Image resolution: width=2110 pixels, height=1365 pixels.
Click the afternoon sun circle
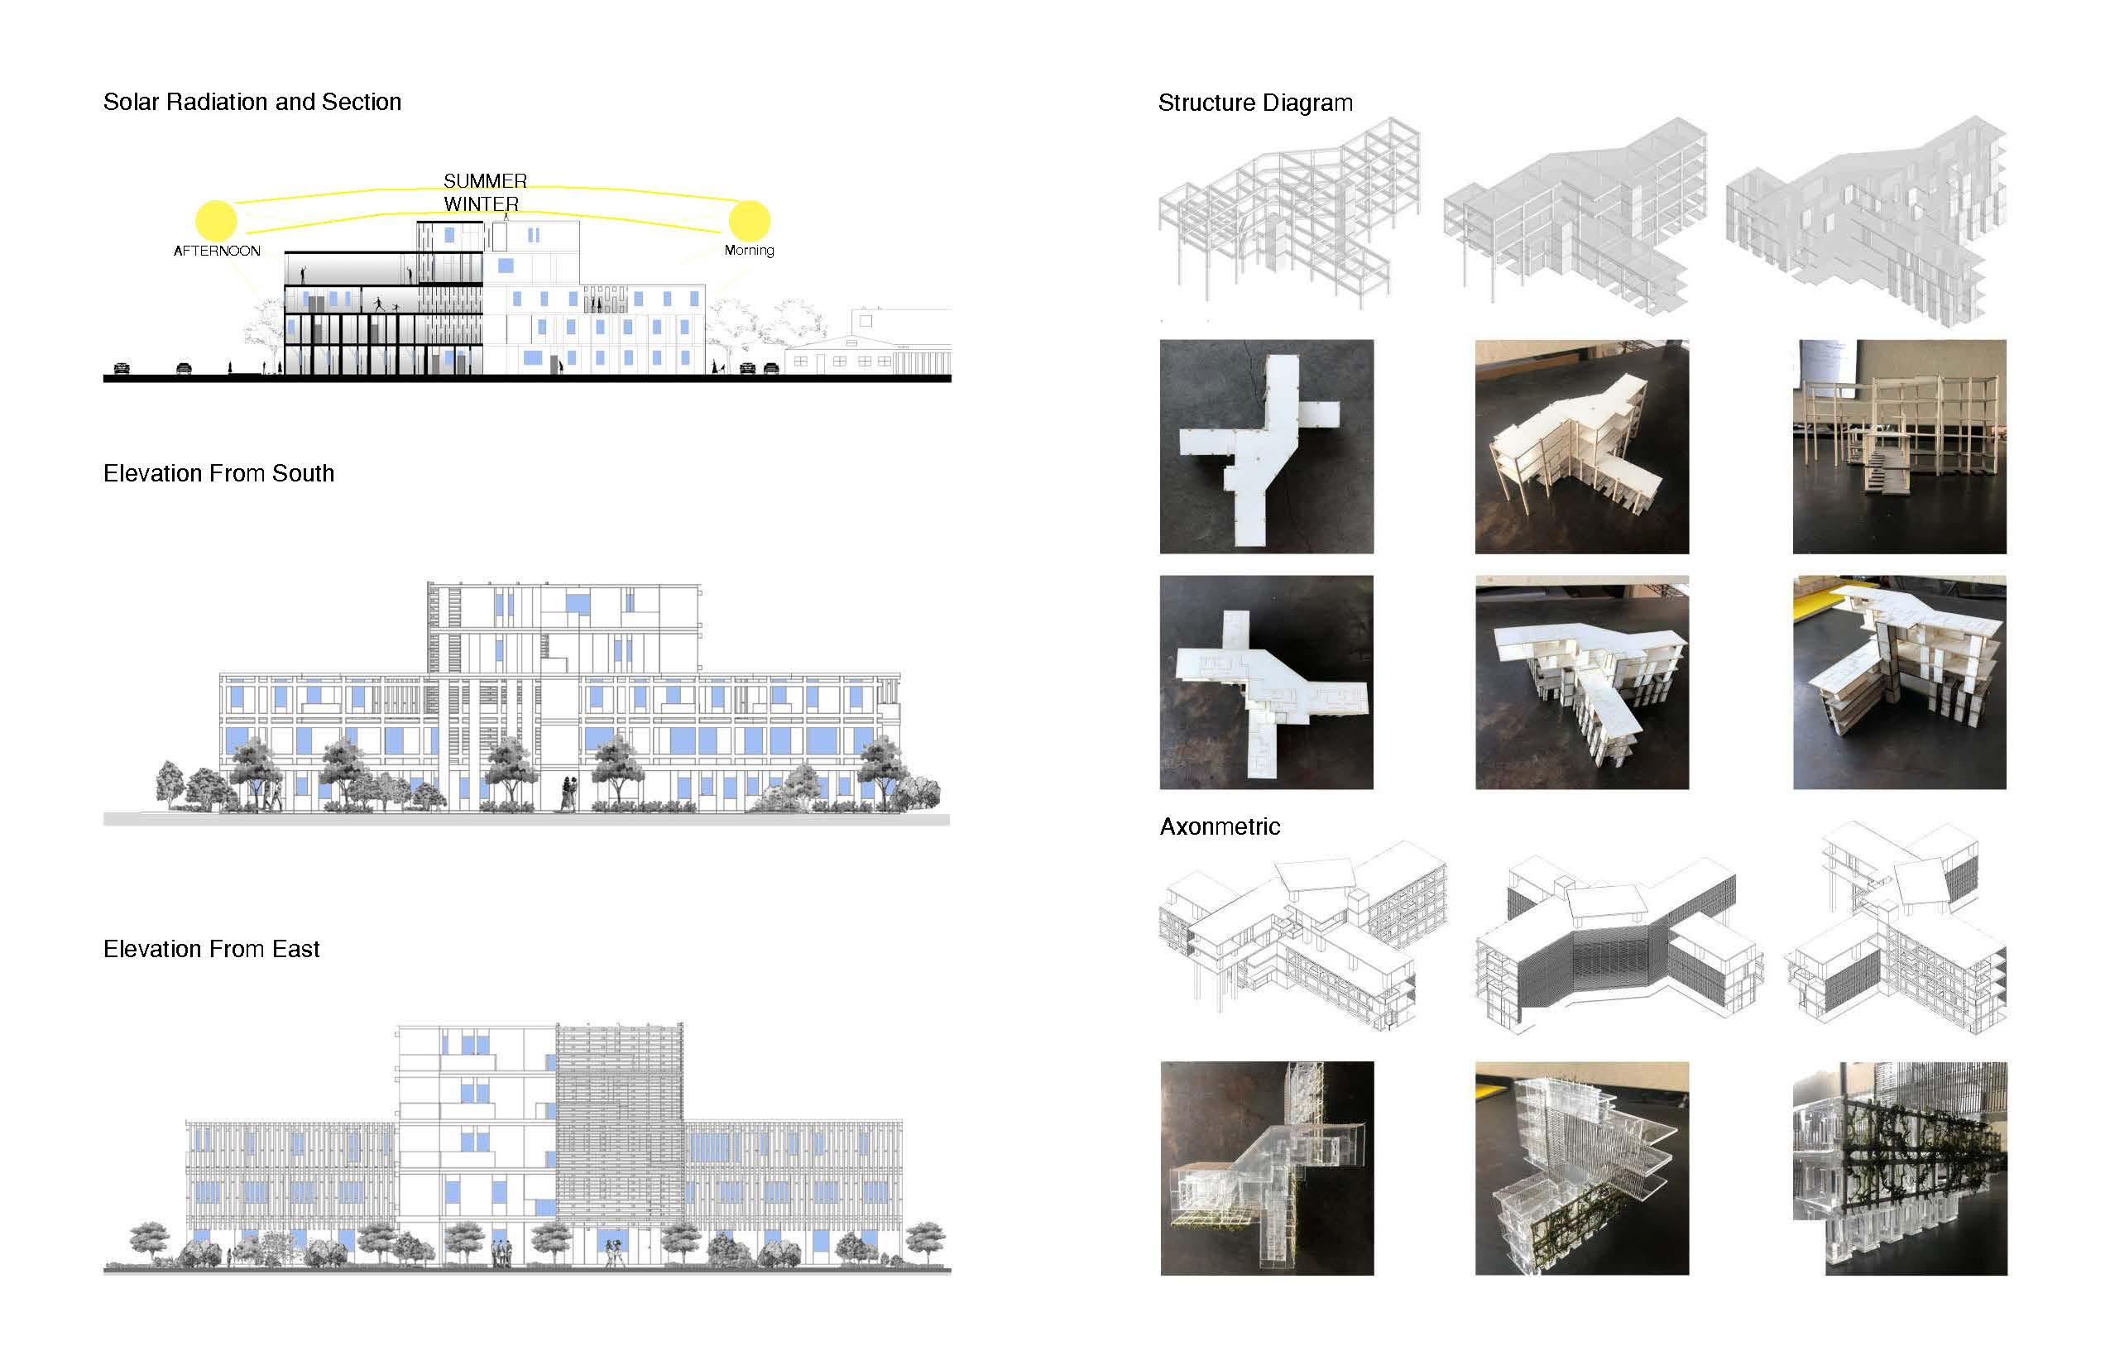click(216, 220)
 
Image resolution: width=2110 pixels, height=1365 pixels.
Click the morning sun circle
click(749, 220)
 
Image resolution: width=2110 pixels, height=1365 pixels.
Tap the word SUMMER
click(485, 181)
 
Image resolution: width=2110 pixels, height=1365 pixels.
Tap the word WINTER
click(482, 204)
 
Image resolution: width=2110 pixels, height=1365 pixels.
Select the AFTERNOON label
click(217, 251)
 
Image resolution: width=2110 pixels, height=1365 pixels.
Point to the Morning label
click(749, 250)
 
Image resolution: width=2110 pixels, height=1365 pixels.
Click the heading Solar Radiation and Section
click(252, 102)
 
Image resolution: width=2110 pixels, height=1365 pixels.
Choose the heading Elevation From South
click(219, 473)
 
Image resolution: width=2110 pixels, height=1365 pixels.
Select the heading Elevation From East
click(211, 950)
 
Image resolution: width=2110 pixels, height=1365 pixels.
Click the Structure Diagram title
click(1255, 103)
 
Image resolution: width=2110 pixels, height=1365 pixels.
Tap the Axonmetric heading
click(1220, 827)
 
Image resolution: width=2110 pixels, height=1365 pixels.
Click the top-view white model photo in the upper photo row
click(1266, 447)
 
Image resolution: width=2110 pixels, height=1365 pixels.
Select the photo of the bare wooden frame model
click(1899, 447)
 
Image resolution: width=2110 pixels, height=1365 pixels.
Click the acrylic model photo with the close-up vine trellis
click(1899, 1168)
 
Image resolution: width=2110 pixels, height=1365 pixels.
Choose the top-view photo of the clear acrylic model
click(1266, 1168)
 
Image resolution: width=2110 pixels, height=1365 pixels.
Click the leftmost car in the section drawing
click(122, 368)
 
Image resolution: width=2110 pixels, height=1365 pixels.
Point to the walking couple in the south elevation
click(568, 793)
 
